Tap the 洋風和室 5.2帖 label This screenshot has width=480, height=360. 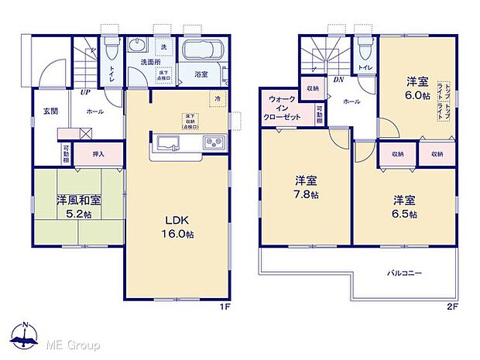[x=77, y=204]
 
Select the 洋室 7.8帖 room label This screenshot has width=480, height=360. [x=306, y=188]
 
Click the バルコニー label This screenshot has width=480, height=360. [x=404, y=273]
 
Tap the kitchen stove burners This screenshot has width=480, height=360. [x=213, y=142]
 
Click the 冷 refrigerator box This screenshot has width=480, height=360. [x=218, y=99]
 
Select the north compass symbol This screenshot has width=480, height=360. [x=25, y=334]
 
